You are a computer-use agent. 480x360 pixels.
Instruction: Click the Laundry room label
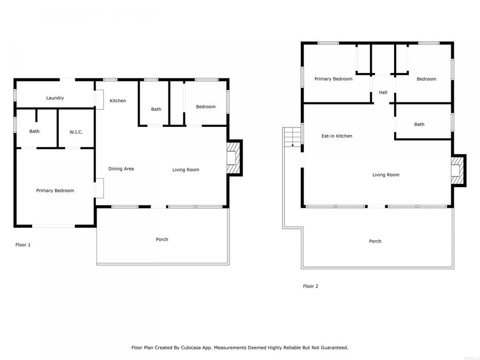click(x=55, y=98)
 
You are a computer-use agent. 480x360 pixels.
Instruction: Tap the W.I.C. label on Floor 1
click(x=76, y=132)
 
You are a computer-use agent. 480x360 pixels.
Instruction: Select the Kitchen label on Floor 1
click(x=118, y=101)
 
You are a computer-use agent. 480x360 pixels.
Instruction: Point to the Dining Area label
click(x=121, y=169)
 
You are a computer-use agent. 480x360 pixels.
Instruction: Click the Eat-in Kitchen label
click(x=337, y=136)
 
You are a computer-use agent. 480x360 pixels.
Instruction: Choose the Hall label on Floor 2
click(x=383, y=93)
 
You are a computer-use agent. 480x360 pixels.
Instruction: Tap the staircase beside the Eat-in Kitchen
click(x=292, y=138)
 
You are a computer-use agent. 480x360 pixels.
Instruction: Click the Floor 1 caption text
click(x=23, y=245)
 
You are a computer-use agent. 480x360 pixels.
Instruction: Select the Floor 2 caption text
click(x=310, y=286)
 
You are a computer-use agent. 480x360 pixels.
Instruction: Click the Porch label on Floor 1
click(x=162, y=239)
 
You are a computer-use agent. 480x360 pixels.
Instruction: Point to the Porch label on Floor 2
click(x=375, y=242)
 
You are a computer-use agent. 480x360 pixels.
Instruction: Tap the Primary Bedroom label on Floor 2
click(x=333, y=79)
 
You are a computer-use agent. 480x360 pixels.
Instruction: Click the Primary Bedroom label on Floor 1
click(x=55, y=190)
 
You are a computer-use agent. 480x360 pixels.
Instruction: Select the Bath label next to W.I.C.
click(x=34, y=132)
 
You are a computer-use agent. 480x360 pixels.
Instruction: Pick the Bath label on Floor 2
click(x=419, y=125)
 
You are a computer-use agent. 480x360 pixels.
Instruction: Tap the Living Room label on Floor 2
click(x=386, y=175)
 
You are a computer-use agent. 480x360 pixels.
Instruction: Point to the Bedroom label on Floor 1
click(x=205, y=107)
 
